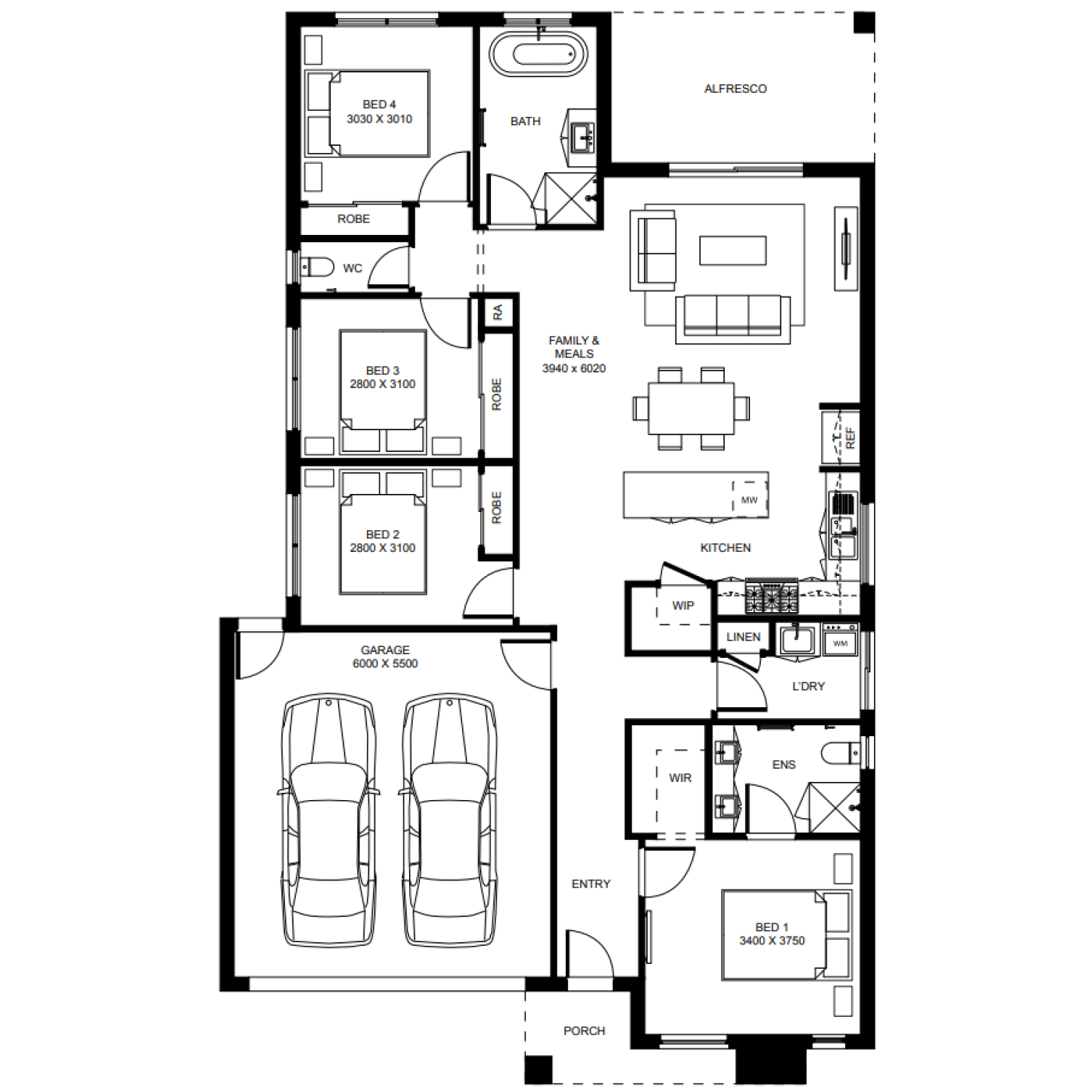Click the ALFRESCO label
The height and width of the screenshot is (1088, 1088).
[x=735, y=88]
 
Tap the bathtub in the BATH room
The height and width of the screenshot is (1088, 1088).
[x=538, y=54]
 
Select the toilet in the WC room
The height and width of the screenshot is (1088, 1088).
[x=316, y=267]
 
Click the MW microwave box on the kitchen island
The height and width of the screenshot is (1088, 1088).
[x=750, y=500]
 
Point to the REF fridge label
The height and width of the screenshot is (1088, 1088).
[x=850, y=437]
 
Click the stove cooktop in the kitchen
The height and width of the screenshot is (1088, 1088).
[x=771, y=598]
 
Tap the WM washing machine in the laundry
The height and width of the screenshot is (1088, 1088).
[x=841, y=640]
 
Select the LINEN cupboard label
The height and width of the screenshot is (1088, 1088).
[x=743, y=637]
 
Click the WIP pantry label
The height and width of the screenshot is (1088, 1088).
[x=683, y=606]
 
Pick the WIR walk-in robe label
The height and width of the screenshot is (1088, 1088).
[x=680, y=778]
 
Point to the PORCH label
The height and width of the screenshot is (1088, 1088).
[x=584, y=1031]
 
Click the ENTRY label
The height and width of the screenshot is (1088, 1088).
[x=591, y=883]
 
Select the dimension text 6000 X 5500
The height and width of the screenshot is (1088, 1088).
[x=385, y=664]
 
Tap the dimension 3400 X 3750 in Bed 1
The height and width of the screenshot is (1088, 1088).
[x=772, y=941]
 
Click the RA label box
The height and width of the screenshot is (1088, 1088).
[x=498, y=313]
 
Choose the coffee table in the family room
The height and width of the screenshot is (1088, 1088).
[x=733, y=250]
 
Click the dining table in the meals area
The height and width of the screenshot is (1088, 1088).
[x=691, y=408]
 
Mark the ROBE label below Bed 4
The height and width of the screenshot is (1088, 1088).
[x=353, y=219]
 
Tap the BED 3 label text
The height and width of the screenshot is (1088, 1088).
[x=382, y=371]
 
